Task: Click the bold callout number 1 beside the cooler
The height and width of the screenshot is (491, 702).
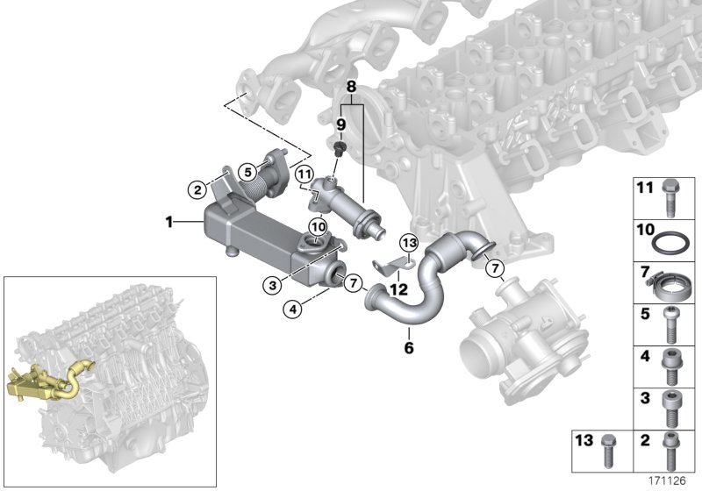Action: pyautogui.click(x=169, y=223)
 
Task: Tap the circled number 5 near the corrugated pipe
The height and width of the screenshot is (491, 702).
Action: pyautogui.click(x=248, y=171)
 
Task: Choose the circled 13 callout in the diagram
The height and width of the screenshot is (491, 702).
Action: pyautogui.click(x=408, y=242)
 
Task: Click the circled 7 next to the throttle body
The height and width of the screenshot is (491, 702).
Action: pyautogui.click(x=494, y=267)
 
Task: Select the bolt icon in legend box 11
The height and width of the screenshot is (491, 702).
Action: pyautogui.click(x=670, y=194)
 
